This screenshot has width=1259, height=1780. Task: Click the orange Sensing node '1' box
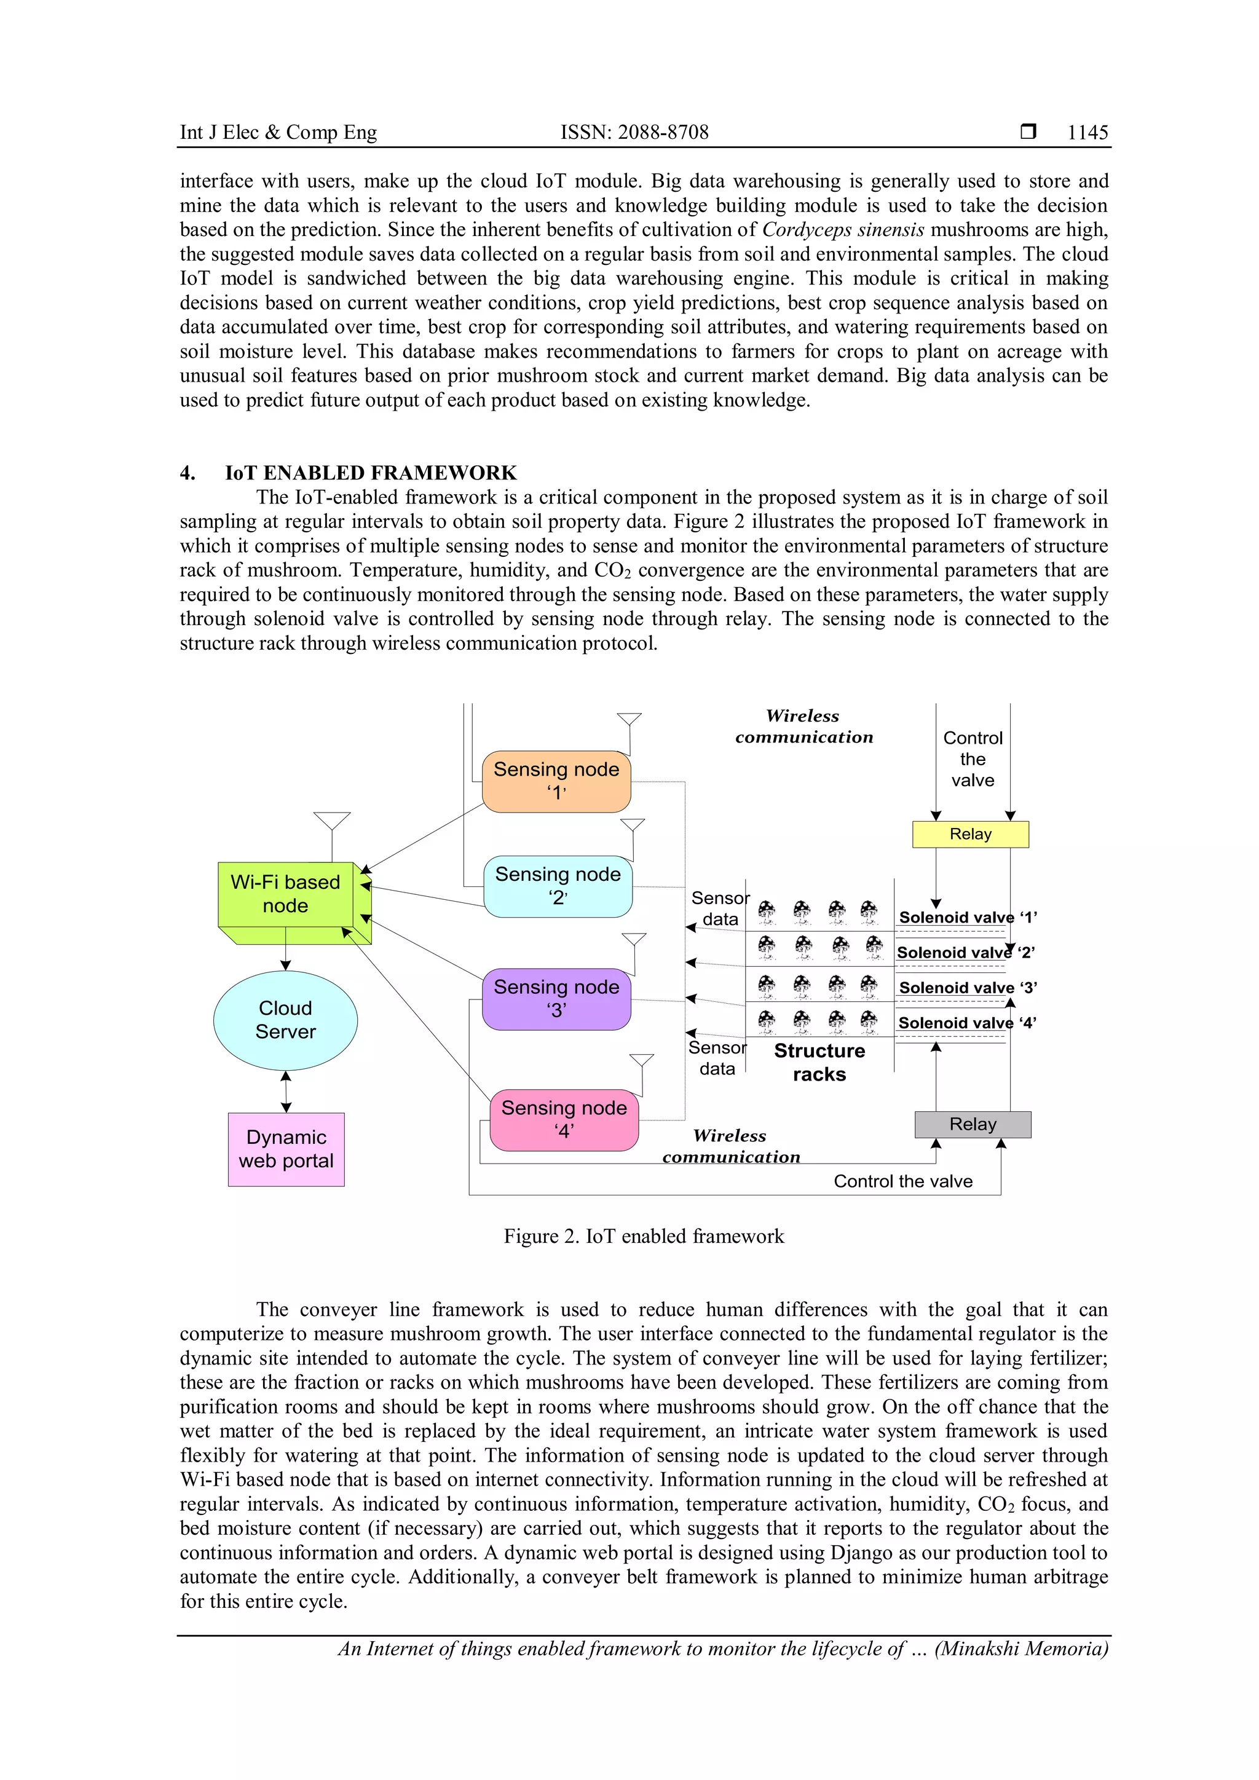(x=556, y=781)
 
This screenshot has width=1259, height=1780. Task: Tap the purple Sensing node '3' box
(x=556, y=999)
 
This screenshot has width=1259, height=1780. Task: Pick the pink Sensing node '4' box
(x=564, y=1119)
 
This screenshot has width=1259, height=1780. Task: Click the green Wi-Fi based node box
(x=285, y=894)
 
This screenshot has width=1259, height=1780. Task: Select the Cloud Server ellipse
(x=285, y=1020)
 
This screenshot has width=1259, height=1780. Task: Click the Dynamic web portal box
(x=286, y=1149)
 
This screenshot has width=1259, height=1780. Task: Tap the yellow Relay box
(x=970, y=834)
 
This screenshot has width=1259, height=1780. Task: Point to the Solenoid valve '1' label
(x=968, y=917)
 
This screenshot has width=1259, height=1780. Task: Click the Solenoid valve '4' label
(x=967, y=1023)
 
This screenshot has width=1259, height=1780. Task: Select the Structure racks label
(x=819, y=1062)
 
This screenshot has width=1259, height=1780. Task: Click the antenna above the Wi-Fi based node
(x=332, y=822)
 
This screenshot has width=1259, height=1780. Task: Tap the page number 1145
(x=1087, y=133)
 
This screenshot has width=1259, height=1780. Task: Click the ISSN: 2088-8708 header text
(x=634, y=133)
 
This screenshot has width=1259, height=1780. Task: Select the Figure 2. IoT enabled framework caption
(x=644, y=1236)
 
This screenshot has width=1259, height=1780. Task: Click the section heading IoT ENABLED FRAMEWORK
(x=371, y=473)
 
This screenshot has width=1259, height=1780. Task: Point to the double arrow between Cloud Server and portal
(x=286, y=1092)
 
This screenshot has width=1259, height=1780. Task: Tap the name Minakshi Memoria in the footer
(x=1021, y=1648)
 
